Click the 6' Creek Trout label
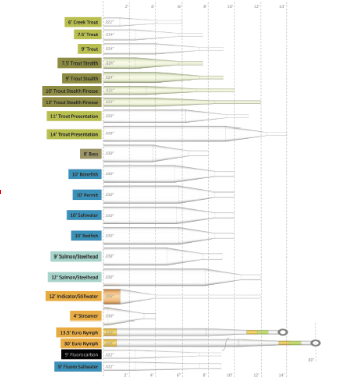(x=83, y=22)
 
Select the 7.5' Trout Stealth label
(x=80, y=63)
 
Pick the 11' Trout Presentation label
(x=74, y=116)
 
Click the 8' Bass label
(x=91, y=154)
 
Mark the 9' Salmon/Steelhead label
(x=76, y=256)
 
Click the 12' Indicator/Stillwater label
(x=74, y=296)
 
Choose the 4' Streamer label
(x=86, y=316)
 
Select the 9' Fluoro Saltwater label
(x=78, y=367)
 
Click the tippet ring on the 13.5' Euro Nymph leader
(x=283, y=332)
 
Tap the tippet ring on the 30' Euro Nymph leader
(x=315, y=343)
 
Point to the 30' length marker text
(x=311, y=360)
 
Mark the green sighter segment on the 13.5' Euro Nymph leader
(x=263, y=332)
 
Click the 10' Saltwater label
(x=84, y=215)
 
